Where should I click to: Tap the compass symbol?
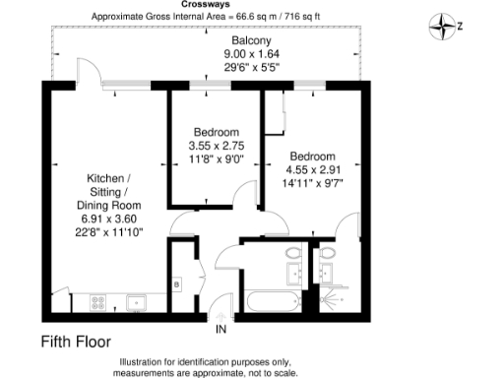(443, 25)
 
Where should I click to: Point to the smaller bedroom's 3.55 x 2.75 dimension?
(216, 146)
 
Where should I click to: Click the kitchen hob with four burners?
(98, 300)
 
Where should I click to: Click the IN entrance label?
(221, 327)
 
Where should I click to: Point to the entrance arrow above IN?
(220, 312)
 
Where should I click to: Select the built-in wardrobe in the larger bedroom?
(282, 113)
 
